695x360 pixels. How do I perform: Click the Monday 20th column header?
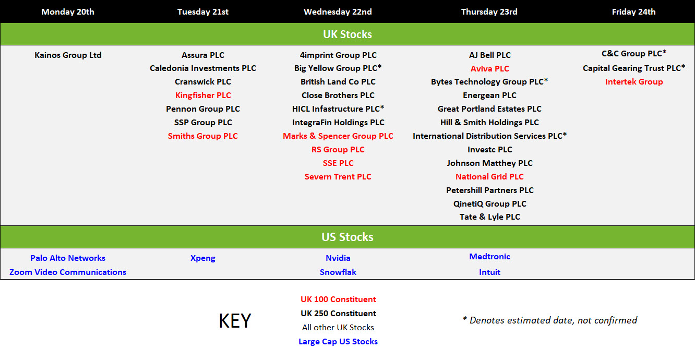point(68,12)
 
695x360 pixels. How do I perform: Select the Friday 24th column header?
point(633,12)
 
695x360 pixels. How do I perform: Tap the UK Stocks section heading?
point(347,34)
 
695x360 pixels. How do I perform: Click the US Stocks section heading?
point(347,237)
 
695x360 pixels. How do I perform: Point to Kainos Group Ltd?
point(68,55)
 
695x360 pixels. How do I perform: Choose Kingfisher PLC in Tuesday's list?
point(203,95)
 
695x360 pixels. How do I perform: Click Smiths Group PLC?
point(202,136)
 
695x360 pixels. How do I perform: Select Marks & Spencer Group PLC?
point(338,136)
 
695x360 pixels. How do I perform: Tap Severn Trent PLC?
point(338,176)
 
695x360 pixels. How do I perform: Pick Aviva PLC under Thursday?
point(489,68)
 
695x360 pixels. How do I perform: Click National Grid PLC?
point(489,176)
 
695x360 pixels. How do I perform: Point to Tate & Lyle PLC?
point(489,217)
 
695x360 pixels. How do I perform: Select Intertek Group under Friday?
point(634,81)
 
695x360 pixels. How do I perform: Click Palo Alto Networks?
point(68,258)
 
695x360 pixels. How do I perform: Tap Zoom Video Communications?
point(68,272)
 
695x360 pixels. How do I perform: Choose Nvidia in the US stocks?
point(338,258)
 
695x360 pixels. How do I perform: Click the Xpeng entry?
point(202,258)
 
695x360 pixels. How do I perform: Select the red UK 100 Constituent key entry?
point(338,299)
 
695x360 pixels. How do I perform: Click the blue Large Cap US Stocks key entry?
point(338,341)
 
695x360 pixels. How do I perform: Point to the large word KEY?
point(235,320)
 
